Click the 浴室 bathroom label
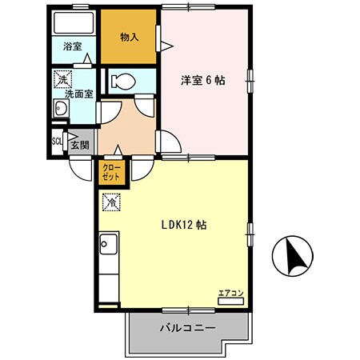coord(72,46)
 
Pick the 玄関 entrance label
coord(80,145)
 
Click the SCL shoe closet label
coord(57,141)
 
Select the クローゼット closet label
coord(112,174)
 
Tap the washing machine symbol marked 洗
coord(60,80)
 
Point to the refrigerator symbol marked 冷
coord(111,202)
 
